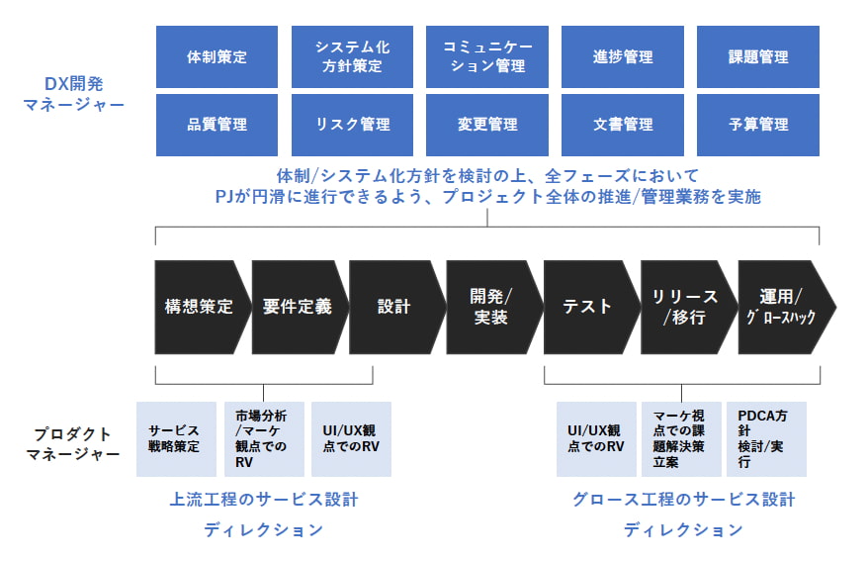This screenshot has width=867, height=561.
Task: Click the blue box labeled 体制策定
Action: pyautogui.click(x=217, y=56)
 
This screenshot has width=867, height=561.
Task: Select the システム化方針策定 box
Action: pyautogui.click(x=352, y=56)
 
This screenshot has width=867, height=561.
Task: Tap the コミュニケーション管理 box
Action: pyautogui.click(x=487, y=56)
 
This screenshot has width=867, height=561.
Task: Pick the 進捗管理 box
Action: pyautogui.click(x=623, y=56)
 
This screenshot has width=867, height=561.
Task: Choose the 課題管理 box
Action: pyautogui.click(x=758, y=56)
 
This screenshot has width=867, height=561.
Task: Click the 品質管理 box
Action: pyautogui.click(x=217, y=125)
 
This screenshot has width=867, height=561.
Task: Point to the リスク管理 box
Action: pyautogui.click(x=352, y=125)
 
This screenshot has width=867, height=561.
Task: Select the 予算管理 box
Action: pyautogui.click(x=758, y=125)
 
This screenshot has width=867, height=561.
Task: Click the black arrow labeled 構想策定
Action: pyautogui.click(x=199, y=307)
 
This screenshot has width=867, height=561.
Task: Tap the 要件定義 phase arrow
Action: pyautogui.click(x=298, y=307)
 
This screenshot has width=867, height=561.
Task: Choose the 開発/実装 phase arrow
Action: pyautogui.click(x=491, y=307)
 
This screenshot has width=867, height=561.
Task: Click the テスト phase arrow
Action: pyautogui.click(x=588, y=307)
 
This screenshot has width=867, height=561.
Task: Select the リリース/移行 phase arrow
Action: pyautogui.click(x=686, y=307)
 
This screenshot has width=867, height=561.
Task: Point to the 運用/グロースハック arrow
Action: pyautogui.click(x=784, y=307)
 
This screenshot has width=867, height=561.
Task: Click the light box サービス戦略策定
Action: pyautogui.click(x=176, y=439)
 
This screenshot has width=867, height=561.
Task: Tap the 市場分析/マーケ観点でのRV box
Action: pyautogui.click(x=264, y=439)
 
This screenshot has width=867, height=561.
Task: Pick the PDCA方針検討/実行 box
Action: pyautogui.click(x=766, y=439)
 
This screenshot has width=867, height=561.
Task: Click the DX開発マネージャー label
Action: pyautogui.click(x=73, y=94)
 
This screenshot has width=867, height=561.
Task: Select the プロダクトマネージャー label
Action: pyautogui.click(x=73, y=443)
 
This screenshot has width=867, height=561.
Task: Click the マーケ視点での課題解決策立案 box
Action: pyautogui.click(x=681, y=439)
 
